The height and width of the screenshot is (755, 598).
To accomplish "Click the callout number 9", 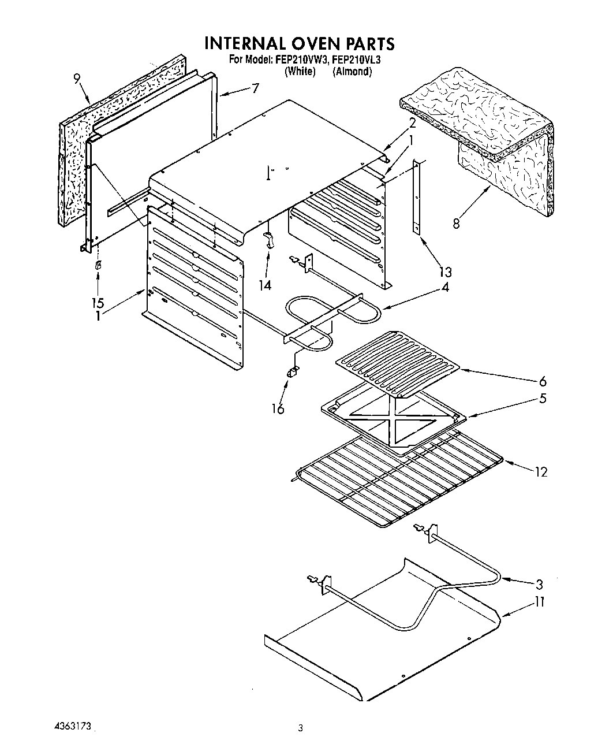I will [77, 80].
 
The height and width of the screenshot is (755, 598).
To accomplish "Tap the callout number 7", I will [255, 88].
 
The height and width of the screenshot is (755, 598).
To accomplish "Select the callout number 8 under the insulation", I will [456, 223].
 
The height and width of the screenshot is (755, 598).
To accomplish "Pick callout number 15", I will [98, 303].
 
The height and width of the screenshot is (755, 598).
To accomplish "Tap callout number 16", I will [278, 409].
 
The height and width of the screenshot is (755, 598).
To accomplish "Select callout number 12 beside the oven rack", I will [540, 472].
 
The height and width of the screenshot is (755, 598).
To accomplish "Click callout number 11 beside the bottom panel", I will [539, 602].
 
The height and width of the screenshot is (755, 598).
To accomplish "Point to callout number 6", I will [541, 381].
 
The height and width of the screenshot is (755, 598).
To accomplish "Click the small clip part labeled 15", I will [98, 265].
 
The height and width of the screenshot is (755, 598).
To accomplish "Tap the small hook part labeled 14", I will [268, 239].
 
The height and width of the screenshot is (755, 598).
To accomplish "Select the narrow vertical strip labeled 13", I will [416, 196].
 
